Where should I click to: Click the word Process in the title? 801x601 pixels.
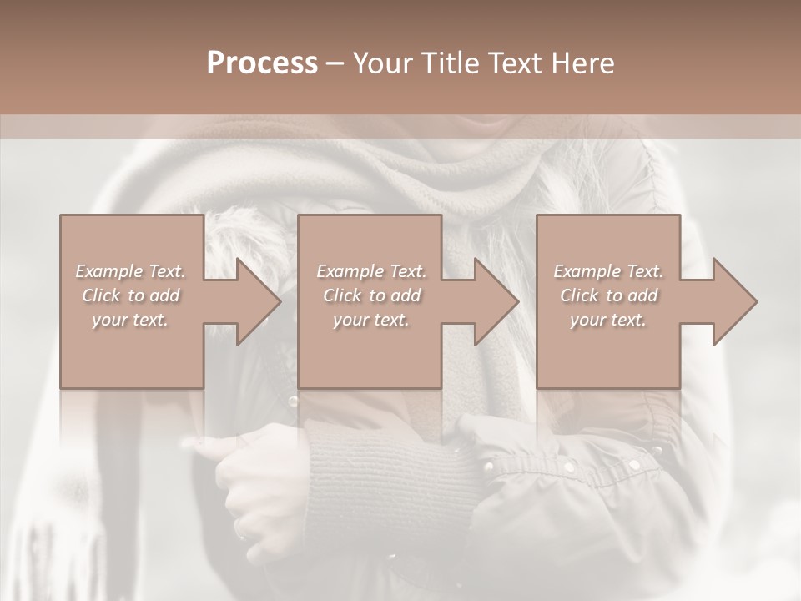[262, 63]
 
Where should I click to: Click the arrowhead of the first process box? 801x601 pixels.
[250, 301]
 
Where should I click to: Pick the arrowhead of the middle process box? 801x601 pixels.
[489, 301]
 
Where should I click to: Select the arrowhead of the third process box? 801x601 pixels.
[728, 301]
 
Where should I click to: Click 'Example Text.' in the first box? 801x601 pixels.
[130, 271]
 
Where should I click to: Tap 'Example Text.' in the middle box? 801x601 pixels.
[370, 271]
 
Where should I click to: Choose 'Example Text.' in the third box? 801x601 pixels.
[608, 271]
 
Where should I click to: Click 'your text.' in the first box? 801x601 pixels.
[130, 320]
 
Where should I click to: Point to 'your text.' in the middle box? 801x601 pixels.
[370, 320]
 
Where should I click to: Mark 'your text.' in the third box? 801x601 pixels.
[608, 320]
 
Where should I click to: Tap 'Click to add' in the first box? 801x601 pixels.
[130, 295]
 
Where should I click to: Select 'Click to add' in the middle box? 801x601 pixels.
[370, 295]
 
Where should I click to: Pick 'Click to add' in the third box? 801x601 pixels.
[608, 295]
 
